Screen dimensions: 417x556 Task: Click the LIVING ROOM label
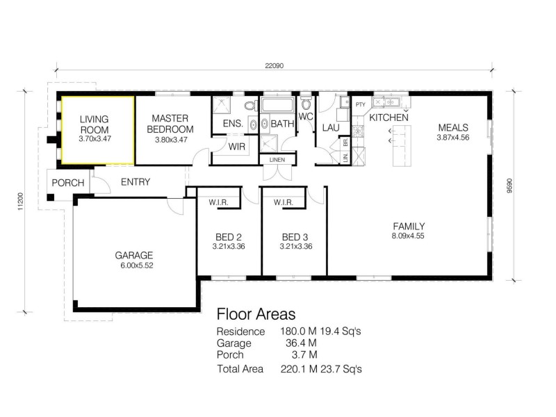pos(95,124)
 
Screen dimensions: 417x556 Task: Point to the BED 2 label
pos(229,236)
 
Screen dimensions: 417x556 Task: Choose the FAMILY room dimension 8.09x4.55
pos(408,236)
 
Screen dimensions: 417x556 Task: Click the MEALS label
pos(452,128)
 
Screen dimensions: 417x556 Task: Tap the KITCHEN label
pos(389,118)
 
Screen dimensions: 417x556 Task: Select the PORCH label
pos(68,183)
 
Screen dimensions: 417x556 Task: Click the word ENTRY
pos(136,183)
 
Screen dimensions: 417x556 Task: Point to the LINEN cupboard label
pos(276,161)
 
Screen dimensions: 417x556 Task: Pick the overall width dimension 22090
pos(274,67)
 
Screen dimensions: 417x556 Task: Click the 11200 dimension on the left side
pos(20,202)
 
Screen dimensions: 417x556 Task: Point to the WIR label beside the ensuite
pos(236,147)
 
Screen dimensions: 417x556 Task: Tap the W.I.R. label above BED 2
pos(218,203)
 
